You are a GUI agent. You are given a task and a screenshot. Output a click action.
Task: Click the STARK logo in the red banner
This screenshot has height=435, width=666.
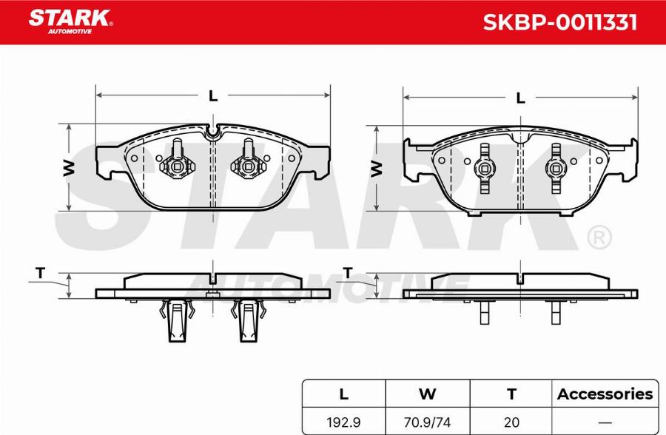point(70,21)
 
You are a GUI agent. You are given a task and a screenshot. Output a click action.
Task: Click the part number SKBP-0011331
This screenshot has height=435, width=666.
point(560,22)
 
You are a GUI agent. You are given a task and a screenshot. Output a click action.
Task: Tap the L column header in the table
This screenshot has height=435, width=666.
point(343,394)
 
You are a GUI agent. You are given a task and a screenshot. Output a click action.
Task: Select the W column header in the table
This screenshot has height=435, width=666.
point(427,394)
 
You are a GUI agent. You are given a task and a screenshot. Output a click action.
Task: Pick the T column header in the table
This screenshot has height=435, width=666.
point(512,394)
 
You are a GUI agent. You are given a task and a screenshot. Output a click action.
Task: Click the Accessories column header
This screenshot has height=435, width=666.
point(605,394)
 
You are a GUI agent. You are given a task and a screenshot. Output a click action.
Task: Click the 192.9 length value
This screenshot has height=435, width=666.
point(343,422)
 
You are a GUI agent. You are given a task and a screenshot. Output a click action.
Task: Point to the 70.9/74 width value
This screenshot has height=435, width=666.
point(427,422)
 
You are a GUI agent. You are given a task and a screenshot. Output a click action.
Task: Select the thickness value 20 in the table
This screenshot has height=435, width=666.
point(512,422)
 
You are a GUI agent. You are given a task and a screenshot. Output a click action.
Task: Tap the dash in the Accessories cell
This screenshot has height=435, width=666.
point(605,422)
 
